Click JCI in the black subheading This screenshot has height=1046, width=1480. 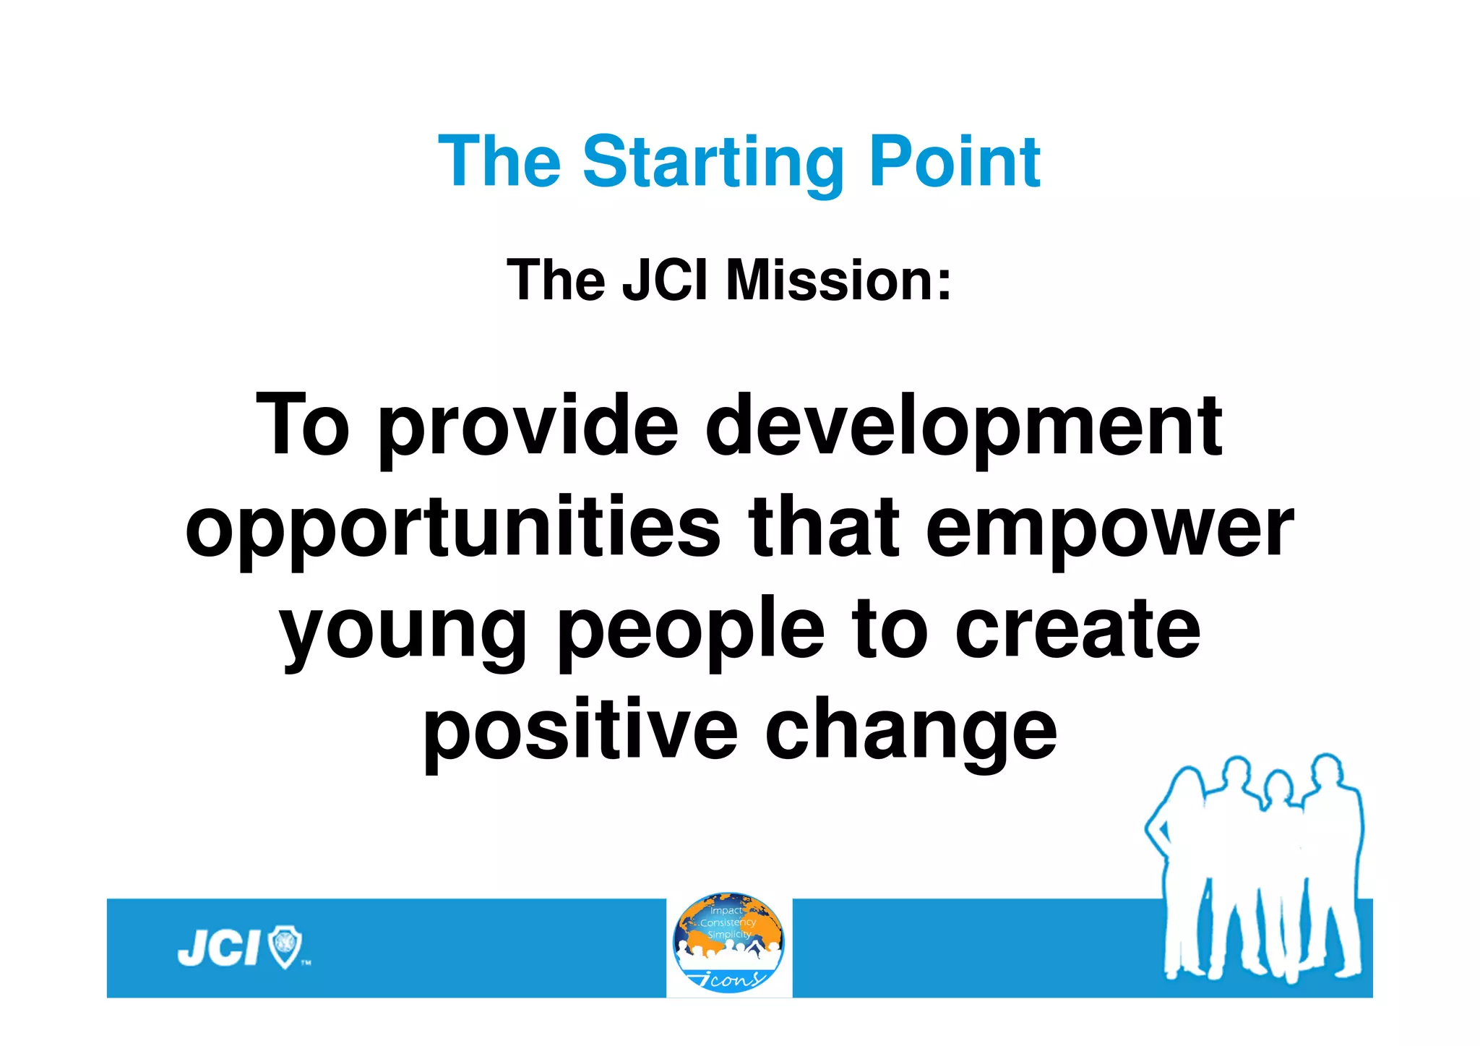coord(664,280)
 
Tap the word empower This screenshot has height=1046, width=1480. coord(1109,529)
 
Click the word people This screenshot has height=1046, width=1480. coord(691,630)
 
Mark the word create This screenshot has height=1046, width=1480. coord(1077,630)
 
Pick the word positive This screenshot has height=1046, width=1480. coord(580,732)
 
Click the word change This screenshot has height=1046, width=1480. coord(911,732)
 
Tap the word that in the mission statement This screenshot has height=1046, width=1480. coord(824,529)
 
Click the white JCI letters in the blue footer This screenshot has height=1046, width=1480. coord(218,948)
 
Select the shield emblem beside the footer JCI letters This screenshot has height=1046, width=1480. coord(285,947)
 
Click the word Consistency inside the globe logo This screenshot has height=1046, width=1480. coord(728,922)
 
